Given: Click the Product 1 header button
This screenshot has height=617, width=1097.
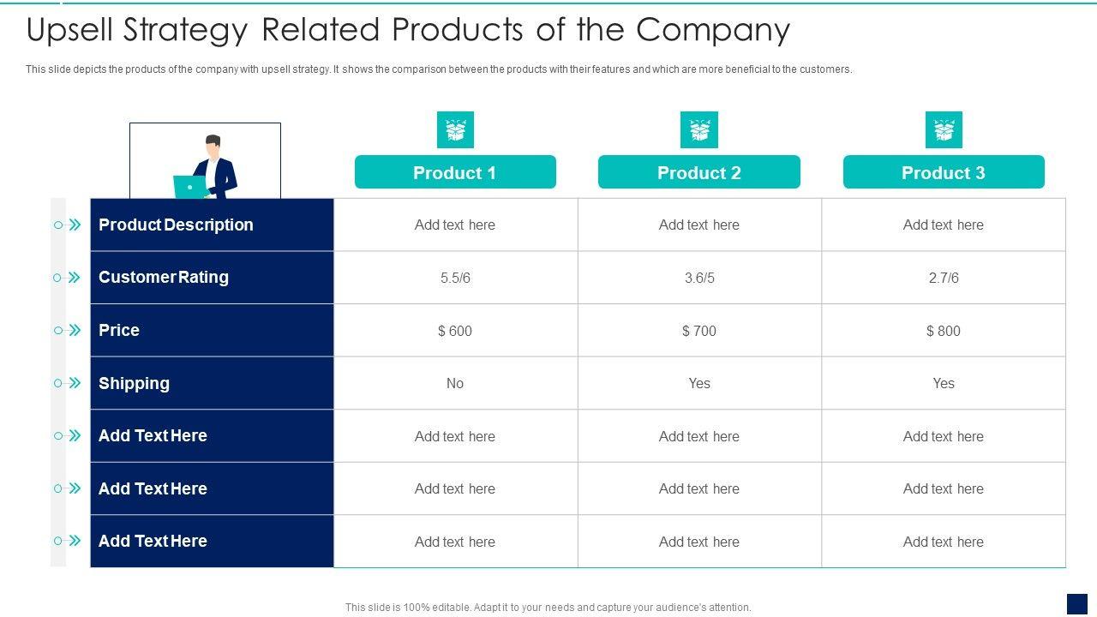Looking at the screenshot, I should coord(455,172).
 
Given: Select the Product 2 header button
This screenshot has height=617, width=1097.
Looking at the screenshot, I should coord(698,172).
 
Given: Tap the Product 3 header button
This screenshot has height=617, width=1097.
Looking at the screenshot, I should coord(943,172).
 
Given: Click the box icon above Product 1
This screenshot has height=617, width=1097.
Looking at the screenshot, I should coord(455,130).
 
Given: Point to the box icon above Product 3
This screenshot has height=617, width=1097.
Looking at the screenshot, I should coord(944,130).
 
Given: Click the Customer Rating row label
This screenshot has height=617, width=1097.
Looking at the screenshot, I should coord(164,277).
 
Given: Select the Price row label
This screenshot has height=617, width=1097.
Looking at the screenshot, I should coord(119,330).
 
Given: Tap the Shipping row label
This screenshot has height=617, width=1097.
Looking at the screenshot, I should coord(134,383).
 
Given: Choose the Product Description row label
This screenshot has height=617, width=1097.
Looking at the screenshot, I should coord(176,225).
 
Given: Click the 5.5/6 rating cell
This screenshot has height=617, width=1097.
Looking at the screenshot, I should coord(455,278).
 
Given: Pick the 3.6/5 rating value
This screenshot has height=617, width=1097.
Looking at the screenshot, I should coord(699,278).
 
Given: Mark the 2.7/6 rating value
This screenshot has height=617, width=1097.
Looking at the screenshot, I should coord(944,278).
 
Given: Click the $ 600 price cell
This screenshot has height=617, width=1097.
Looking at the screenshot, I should coord(455,331).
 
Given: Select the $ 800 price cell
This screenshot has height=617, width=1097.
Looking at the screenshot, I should coord(944,331).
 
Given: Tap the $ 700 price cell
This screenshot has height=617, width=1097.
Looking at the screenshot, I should coord(699,331).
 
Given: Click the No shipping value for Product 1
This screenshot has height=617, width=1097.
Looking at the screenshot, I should coord(455,383).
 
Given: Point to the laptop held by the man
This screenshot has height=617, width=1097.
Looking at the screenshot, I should coord(189,187).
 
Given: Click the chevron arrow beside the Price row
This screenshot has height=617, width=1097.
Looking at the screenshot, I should coord(75,330).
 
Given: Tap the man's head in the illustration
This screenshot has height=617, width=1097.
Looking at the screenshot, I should coord(213,144).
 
